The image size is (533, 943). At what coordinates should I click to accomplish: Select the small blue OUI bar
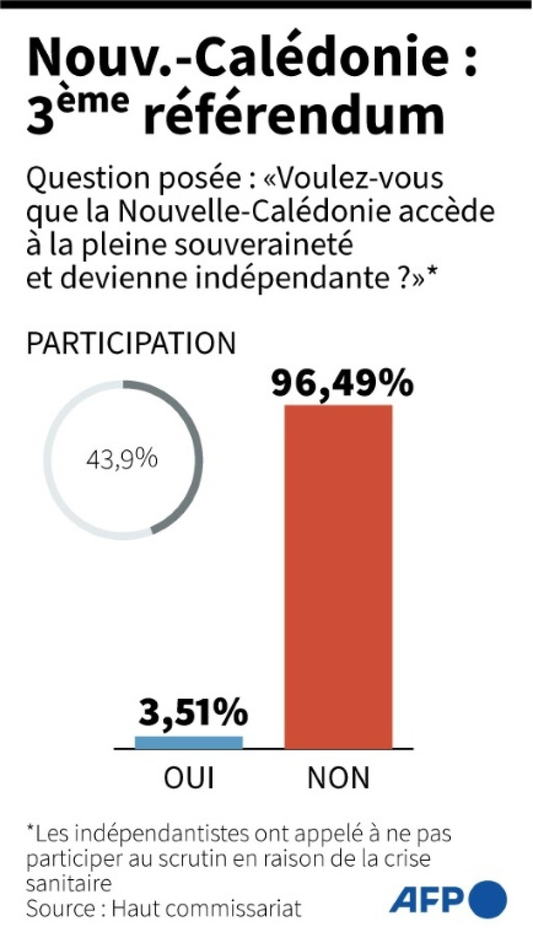click(x=189, y=742)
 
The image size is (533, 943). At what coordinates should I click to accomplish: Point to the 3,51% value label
click(x=193, y=713)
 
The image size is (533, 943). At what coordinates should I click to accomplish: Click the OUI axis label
click(x=189, y=778)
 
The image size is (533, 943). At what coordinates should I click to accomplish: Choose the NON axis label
click(x=338, y=778)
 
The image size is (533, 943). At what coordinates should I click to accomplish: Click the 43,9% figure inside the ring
click(x=121, y=459)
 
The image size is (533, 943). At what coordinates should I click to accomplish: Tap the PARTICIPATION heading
click(x=131, y=344)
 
